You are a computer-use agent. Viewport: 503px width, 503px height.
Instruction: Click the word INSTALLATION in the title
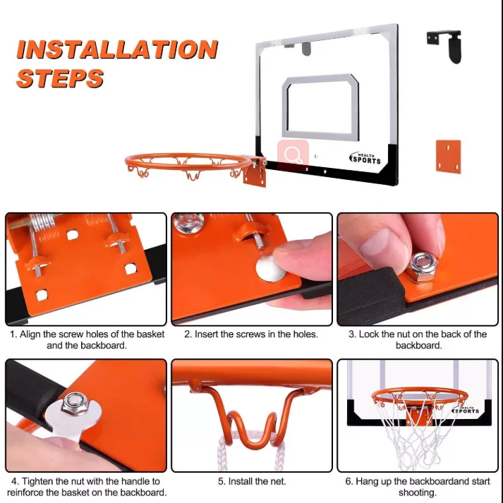(x=117, y=49)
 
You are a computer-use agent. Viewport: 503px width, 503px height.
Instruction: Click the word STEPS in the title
(x=60, y=78)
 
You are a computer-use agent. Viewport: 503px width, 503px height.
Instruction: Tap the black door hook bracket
(x=446, y=44)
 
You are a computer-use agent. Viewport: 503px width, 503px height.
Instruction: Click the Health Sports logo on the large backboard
(x=365, y=158)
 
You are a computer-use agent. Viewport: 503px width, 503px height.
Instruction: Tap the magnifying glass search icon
(x=292, y=154)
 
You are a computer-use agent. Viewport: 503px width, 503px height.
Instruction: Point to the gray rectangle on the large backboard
(x=321, y=106)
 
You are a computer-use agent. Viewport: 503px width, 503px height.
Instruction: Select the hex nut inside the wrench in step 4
(x=72, y=405)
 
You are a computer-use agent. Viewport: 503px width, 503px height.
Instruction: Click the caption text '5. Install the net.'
(x=251, y=482)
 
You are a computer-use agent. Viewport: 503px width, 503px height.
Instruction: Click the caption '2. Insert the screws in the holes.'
(x=251, y=334)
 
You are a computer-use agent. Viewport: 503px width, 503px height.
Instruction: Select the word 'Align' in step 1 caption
(x=32, y=334)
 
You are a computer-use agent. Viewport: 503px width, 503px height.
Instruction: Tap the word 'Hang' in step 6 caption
(x=370, y=482)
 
